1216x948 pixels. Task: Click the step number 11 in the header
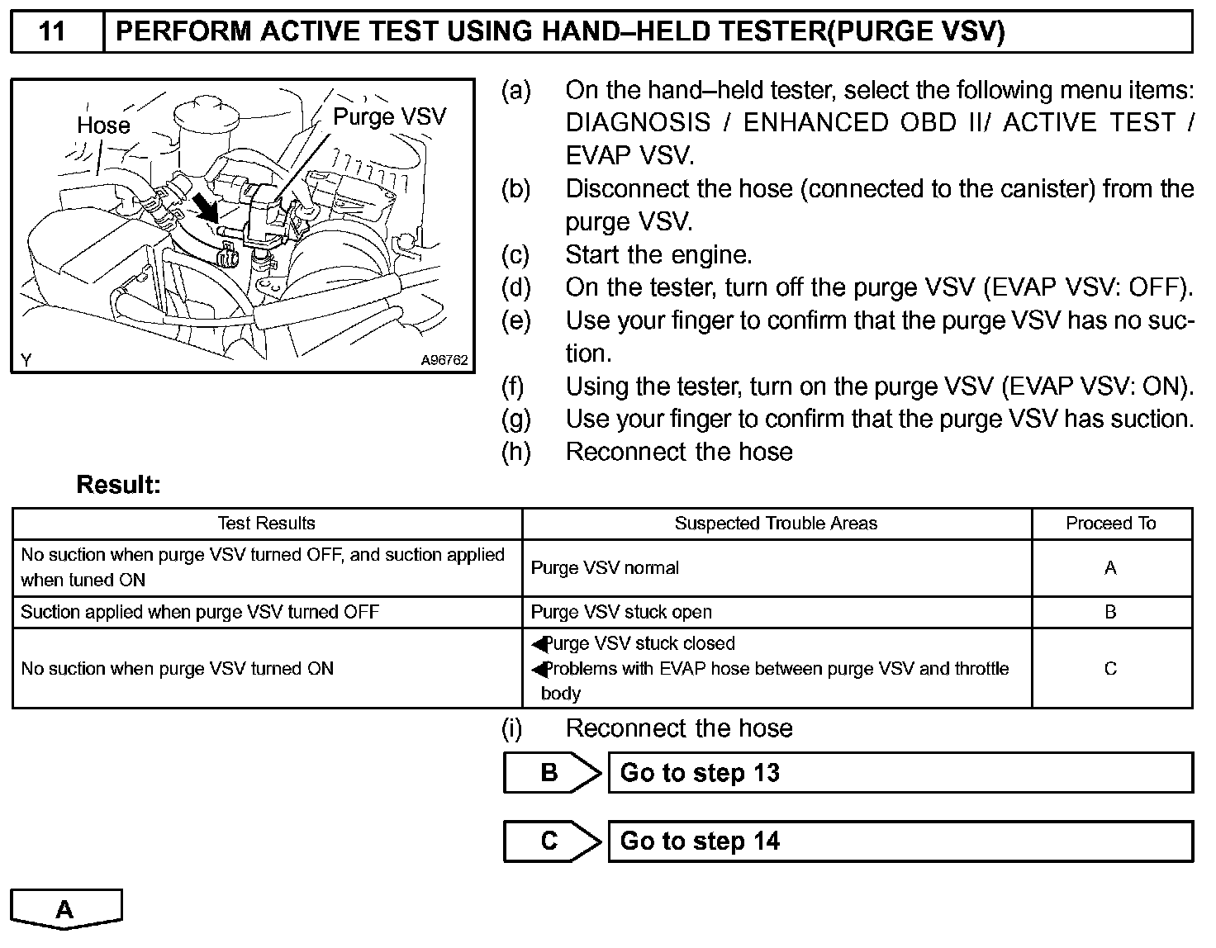[x=52, y=31]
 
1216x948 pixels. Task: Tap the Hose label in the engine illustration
[x=103, y=126]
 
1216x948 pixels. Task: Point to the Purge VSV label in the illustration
[x=389, y=116]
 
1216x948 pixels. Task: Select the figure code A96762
[x=444, y=360]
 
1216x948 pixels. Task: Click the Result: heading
[x=118, y=485]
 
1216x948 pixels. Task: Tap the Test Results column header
[x=266, y=524]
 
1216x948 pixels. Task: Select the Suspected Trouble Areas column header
[x=776, y=524]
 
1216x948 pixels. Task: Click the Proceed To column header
[x=1110, y=524]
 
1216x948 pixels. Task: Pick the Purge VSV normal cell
[x=605, y=568]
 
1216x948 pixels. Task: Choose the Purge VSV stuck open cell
[x=621, y=613]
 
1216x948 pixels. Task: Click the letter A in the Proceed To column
[x=1110, y=568]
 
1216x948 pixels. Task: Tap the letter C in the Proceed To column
[x=1110, y=669]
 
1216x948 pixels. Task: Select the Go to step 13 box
[x=900, y=773]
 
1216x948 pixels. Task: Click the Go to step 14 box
[x=900, y=841]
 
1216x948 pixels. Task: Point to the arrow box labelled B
[x=551, y=773]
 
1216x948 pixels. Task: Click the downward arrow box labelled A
[x=66, y=908]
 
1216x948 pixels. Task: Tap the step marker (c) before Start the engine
[x=515, y=255]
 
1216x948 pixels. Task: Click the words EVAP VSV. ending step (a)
[x=629, y=156]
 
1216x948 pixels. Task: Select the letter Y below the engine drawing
[x=26, y=360]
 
